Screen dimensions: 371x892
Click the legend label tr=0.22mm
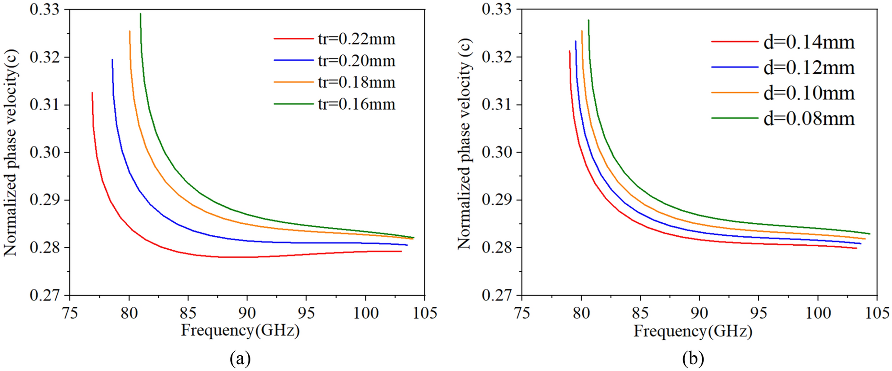click(357, 40)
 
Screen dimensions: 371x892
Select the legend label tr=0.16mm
click(357, 104)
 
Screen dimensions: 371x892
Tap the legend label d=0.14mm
click(809, 42)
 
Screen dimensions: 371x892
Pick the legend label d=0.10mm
click(809, 93)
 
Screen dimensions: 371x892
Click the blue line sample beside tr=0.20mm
click(293, 61)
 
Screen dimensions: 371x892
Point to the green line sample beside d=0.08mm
click(735, 118)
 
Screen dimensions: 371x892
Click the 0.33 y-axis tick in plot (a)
click(45, 10)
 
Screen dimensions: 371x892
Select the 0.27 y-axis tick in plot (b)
click(497, 296)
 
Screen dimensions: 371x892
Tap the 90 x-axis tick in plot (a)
click(247, 313)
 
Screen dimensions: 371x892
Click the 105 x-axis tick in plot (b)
click(877, 313)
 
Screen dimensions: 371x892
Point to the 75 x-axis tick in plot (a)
click(70, 313)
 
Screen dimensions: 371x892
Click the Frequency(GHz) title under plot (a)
click(240, 331)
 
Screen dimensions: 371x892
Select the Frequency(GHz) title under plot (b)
click(693, 331)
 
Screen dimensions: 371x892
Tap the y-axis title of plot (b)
click(464, 144)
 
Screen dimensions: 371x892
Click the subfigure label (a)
click(240, 359)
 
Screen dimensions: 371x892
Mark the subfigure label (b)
click(693, 359)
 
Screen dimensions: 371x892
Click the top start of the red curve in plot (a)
click(92, 93)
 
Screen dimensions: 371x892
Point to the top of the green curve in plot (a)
click(140, 14)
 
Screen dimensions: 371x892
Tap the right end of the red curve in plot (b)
click(856, 248)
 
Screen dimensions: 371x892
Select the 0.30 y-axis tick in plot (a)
click(45, 152)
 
